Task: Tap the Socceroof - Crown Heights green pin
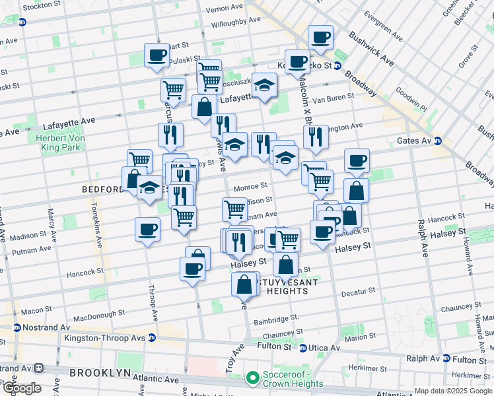click(252, 379)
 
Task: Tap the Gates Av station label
click(414, 141)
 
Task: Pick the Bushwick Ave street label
click(371, 49)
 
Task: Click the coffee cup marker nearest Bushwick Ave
click(320, 38)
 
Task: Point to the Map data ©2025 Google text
click(453, 391)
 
